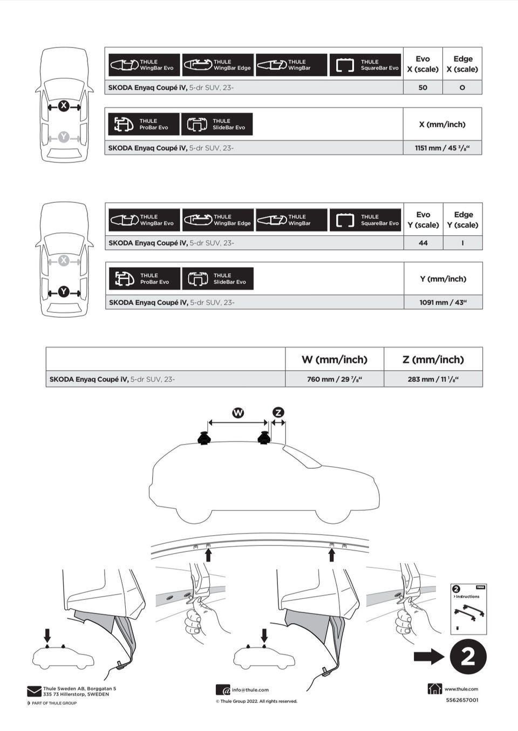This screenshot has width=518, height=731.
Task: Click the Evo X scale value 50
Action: [422, 87]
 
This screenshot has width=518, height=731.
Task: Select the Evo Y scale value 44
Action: [423, 243]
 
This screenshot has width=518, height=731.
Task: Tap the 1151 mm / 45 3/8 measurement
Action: [442, 148]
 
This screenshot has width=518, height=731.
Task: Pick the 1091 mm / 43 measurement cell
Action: [443, 303]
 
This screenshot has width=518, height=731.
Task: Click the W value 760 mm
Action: [334, 379]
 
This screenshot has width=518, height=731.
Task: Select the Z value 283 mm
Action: [433, 379]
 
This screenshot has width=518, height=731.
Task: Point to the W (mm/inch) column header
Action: [334, 359]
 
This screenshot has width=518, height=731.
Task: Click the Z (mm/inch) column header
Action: [433, 359]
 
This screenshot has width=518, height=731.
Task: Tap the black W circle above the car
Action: [238, 413]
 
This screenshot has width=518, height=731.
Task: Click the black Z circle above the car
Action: [278, 413]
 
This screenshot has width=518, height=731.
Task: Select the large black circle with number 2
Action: [468, 657]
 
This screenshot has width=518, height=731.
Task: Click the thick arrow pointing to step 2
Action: [429, 657]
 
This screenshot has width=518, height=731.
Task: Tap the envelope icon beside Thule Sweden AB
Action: [34, 691]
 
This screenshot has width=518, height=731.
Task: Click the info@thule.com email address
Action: [250, 690]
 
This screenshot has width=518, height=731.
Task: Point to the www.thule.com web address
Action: [461, 689]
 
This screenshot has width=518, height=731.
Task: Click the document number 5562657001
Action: [462, 700]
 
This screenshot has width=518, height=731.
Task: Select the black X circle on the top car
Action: [64, 106]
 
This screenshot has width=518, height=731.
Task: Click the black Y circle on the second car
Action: [64, 292]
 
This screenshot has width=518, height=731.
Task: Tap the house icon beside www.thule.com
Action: [434, 688]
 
